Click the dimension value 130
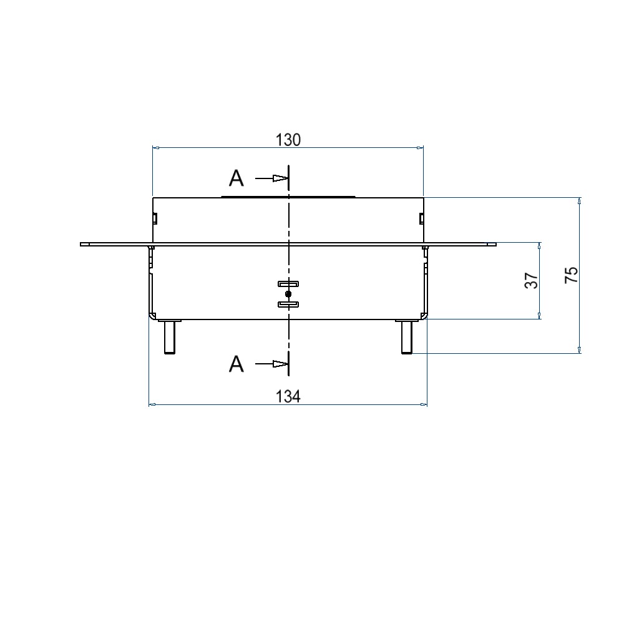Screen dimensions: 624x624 click(x=288, y=140)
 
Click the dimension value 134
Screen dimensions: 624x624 click(x=288, y=396)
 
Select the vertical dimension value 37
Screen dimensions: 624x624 click(x=532, y=281)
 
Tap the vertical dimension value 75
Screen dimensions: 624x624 click(x=572, y=275)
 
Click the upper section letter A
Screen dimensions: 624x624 click(x=236, y=178)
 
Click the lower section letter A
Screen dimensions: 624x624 click(x=236, y=364)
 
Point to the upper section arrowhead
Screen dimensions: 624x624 click(x=280, y=178)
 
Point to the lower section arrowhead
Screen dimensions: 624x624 click(x=280, y=364)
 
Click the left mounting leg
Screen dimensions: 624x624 click(x=170, y=337)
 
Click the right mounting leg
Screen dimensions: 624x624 click(x=407, y=337)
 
